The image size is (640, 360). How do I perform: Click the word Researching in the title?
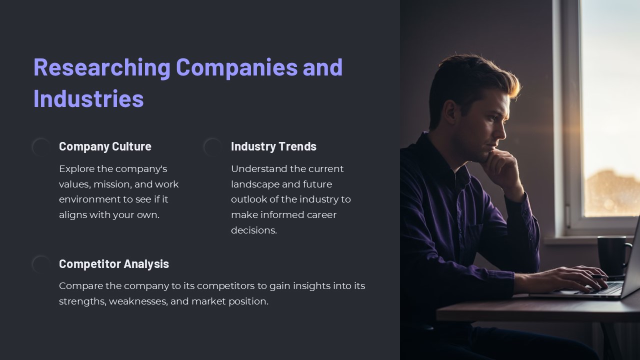click(x=102, y=67)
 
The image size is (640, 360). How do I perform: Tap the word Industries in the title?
click(x=88, y=98)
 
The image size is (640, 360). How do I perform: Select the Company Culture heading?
click(x=105, y=146)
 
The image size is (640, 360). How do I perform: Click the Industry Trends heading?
click(x=273, y=146)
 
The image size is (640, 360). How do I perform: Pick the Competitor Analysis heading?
click(x=114, y=264)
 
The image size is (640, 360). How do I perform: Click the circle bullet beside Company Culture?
click(x=41, y=147)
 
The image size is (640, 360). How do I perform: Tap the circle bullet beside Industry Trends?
click(x=212, y=147)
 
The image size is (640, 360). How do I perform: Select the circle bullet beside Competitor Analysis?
click(x=41, y=264)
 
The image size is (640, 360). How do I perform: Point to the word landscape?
click(x=255, y=184)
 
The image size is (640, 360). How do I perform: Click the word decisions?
click(x=254, y=230)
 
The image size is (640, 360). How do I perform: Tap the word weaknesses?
click(x=138, y=301)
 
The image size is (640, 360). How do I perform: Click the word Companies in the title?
click(x=237, y=67)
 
